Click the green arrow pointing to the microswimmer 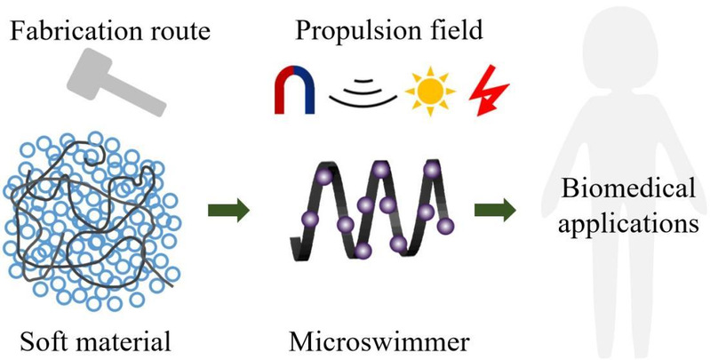tap(227, 212)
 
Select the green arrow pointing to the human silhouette tap(495, 212)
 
